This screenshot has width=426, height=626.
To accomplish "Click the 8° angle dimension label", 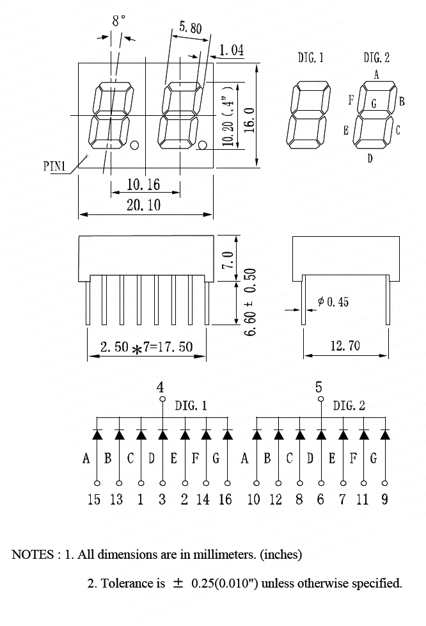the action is click(x=118, y=20).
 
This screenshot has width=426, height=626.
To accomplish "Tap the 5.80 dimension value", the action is click(x=191, y=27).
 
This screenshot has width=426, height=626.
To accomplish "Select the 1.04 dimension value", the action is click(x=232, y=51).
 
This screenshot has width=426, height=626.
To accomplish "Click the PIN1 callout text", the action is click(x=54, y=166).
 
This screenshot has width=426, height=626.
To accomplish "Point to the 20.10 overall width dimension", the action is click(x=143, y=205).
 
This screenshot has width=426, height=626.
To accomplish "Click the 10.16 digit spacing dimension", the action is click(x=143, y=185).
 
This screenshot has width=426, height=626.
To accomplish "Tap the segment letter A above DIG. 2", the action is click(x=376, y=75).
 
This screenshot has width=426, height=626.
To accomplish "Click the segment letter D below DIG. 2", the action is click(x=370, y=159).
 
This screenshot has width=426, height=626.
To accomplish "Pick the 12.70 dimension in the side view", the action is click(x=345, y=346).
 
